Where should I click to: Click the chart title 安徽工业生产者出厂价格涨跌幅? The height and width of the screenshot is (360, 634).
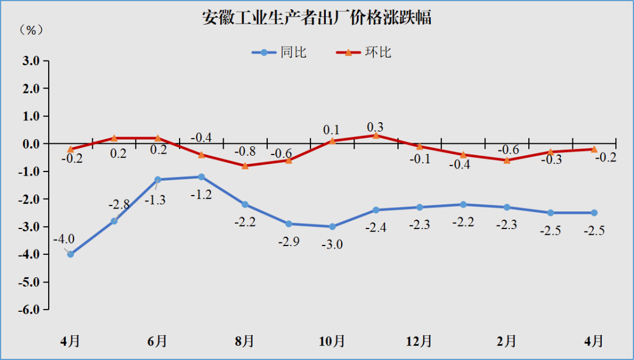point(317,18)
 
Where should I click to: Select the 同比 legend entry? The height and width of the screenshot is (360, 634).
point(280,52)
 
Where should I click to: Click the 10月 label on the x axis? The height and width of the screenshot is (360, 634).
point(332,341)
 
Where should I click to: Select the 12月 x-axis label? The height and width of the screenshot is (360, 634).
point(419,341)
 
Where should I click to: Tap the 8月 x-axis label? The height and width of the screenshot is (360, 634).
point(245,341)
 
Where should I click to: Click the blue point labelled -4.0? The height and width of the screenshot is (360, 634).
point(70,254)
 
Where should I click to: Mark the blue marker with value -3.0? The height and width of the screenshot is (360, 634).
point(332,227)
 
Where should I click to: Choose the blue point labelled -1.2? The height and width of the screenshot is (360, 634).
point(201,177)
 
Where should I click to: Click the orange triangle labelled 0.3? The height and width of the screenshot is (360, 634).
point(376,135)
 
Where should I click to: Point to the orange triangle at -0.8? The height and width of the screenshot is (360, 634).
point(245,166)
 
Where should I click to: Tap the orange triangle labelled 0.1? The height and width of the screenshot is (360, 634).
point(332,140)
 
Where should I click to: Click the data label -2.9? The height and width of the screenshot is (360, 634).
point(288,241)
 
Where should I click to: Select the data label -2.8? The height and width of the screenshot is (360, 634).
point(120,205)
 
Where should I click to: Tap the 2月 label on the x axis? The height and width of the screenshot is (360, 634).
point(507,341)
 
